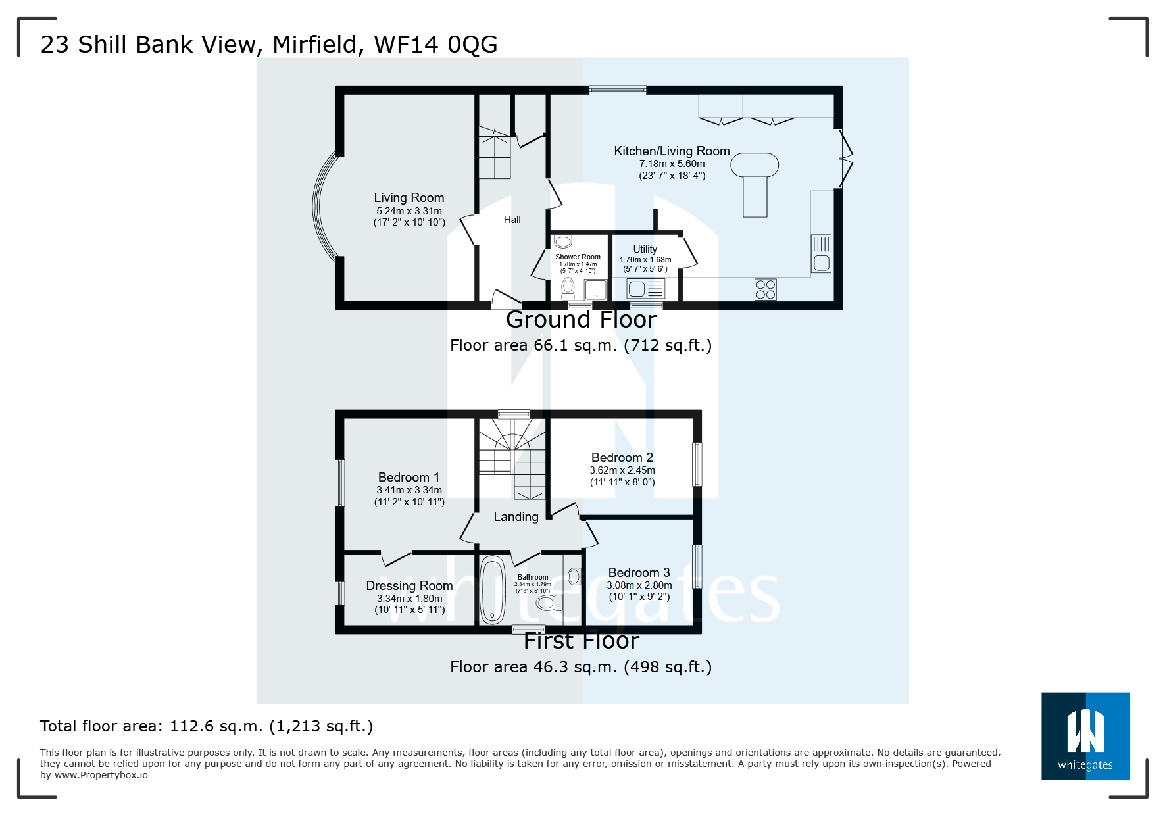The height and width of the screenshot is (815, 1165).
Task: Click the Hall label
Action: click(512, 220)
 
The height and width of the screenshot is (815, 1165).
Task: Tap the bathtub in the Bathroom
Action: click(492, 590)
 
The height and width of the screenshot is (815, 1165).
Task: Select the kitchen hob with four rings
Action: click(766, 289)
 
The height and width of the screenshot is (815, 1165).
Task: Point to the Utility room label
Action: click(645, 249)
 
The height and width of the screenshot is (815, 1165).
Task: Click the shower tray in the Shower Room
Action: click(595, 289)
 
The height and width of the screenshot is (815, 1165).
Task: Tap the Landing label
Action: click(516, 517)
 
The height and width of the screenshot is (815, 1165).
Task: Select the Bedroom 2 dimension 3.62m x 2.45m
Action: click(622, 470)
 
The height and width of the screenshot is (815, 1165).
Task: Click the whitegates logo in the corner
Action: click(1085, 735)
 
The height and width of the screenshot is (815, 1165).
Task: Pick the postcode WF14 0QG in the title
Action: click(435, 45)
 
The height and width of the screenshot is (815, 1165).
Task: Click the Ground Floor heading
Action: click(581, 320)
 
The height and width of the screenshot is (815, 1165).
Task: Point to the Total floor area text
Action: click(206, 726)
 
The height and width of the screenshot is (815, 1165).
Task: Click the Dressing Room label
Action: click(409, 585)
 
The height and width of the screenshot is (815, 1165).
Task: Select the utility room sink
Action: click(637, 288)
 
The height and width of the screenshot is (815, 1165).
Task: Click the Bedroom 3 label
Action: click(639, 572)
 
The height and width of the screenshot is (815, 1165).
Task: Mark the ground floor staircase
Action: click(494, 155)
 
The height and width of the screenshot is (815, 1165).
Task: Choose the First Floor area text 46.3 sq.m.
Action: click(580, 667)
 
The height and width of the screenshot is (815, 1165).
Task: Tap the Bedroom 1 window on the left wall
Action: click(340, 482)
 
